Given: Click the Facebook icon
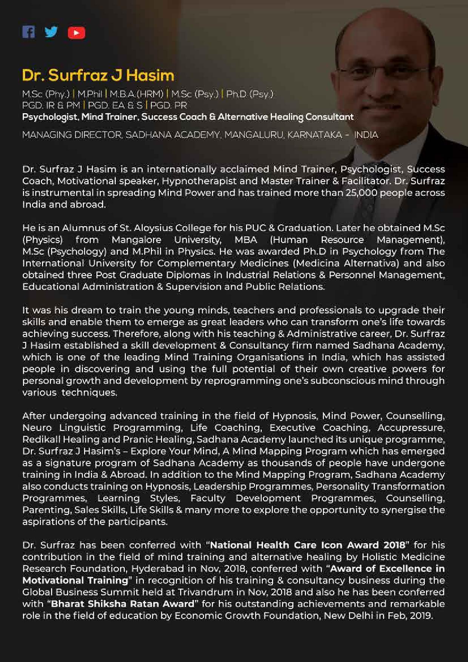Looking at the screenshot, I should [x=29, y=32].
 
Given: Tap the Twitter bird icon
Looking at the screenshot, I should [x=51, y=32].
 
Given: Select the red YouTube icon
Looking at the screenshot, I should [x=76, y=33].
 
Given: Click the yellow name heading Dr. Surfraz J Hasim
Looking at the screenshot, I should [x=98, y=75].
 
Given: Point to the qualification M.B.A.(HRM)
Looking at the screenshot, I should [x=136, y=94].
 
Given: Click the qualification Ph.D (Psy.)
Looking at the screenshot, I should [x=249, y=94].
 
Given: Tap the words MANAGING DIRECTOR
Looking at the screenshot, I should [x=72, y=135].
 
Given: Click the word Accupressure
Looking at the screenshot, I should [x=411, y=428].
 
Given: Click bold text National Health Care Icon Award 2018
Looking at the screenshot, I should [x=307, y=545].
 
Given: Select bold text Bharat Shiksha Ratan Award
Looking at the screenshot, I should [x=122, y=603].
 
